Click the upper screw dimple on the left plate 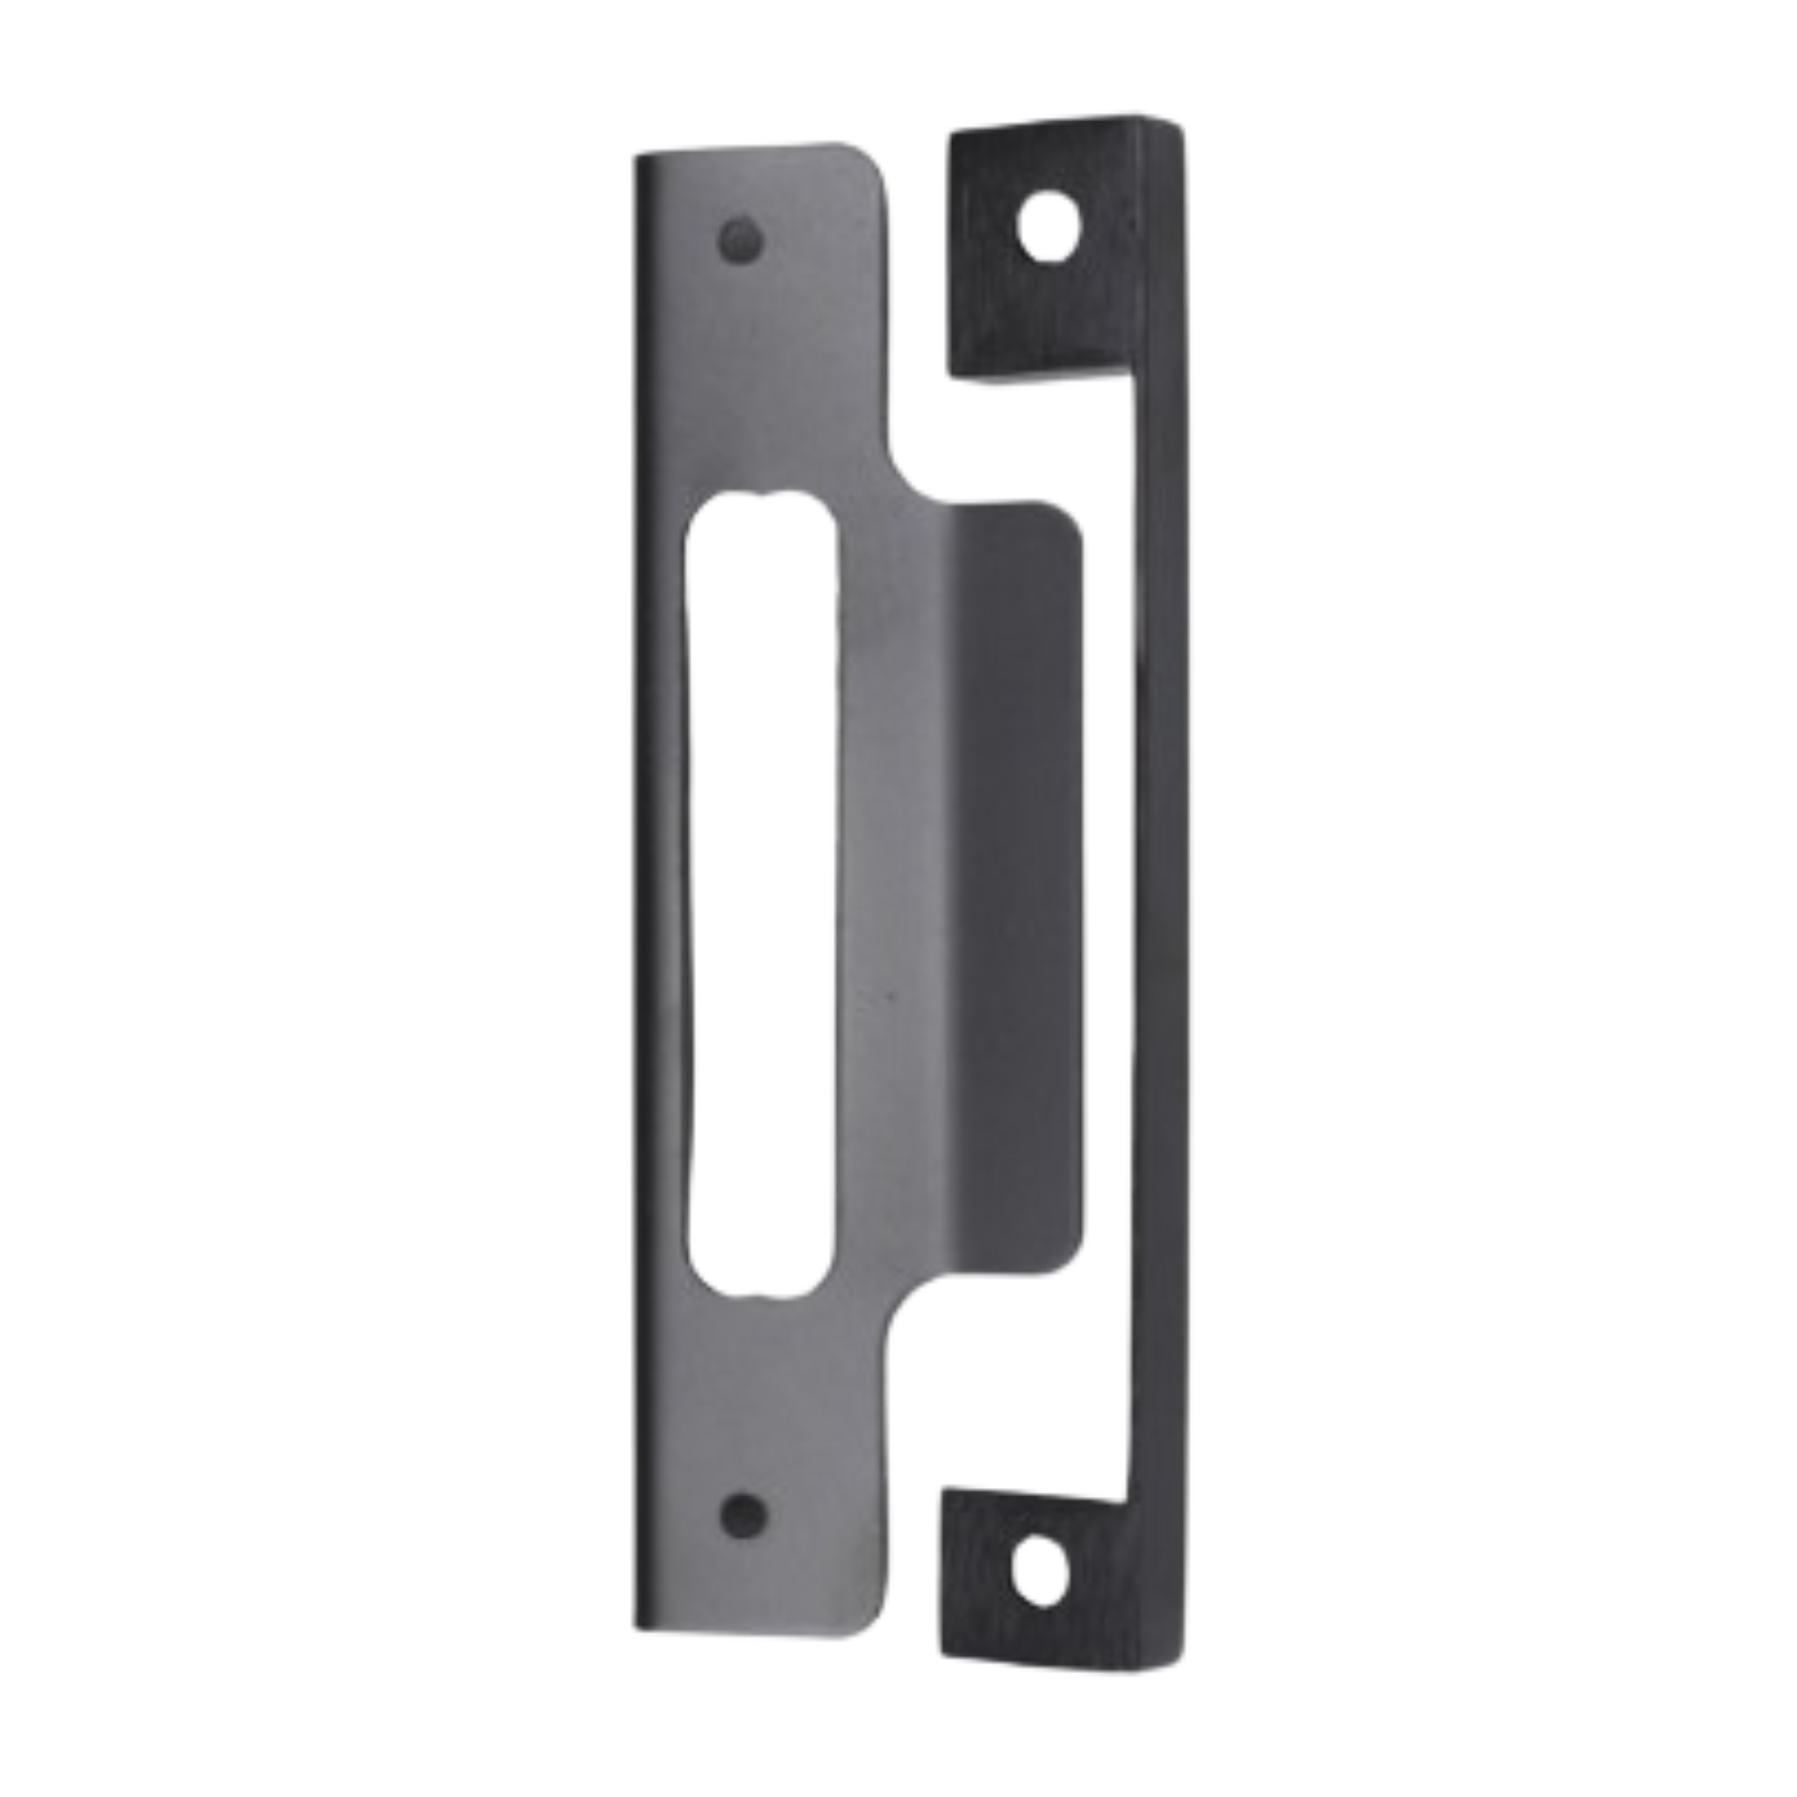coord(741,243)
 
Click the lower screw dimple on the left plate coord(744,1515)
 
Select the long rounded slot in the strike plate coord(759,893)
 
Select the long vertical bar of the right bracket coord(1157,893)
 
